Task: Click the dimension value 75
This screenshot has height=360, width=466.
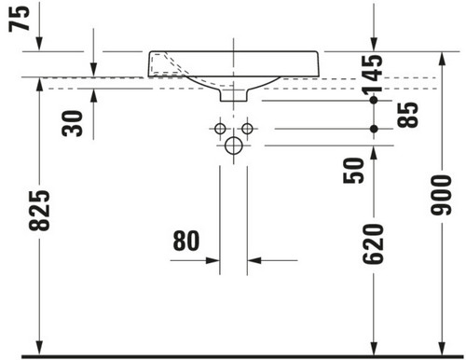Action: tap(20, 19)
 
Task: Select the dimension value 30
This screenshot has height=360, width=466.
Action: tap(73, 123)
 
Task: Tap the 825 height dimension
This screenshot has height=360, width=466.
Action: tap(39, 211)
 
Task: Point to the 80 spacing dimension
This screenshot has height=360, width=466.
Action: tap(186, 241)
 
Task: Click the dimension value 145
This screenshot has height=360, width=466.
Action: tap(373, 75)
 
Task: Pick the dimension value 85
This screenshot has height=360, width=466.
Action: tap(407, 115)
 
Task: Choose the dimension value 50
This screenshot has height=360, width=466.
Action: tap(353, 171)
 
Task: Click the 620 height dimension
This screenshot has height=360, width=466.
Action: tap(373, 244)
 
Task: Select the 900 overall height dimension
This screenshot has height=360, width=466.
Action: tap(441, 195)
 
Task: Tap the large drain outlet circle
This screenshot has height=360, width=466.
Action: tap(234, 145)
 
